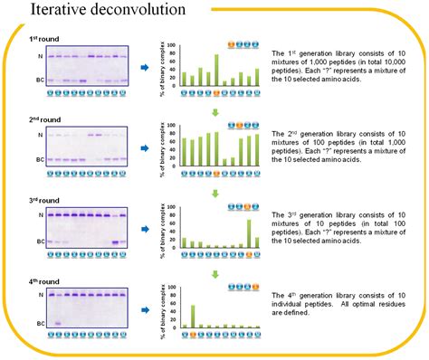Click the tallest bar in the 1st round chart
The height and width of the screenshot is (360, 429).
pyautogui.click(x=216, y=71)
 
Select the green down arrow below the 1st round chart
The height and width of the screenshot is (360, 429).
pyautogui.click(x=216, y=112)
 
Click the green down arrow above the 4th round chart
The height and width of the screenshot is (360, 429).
pyautogui.click(x=216, y=273)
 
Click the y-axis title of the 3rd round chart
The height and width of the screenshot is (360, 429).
pyautogui.click(x=164, y=227)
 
